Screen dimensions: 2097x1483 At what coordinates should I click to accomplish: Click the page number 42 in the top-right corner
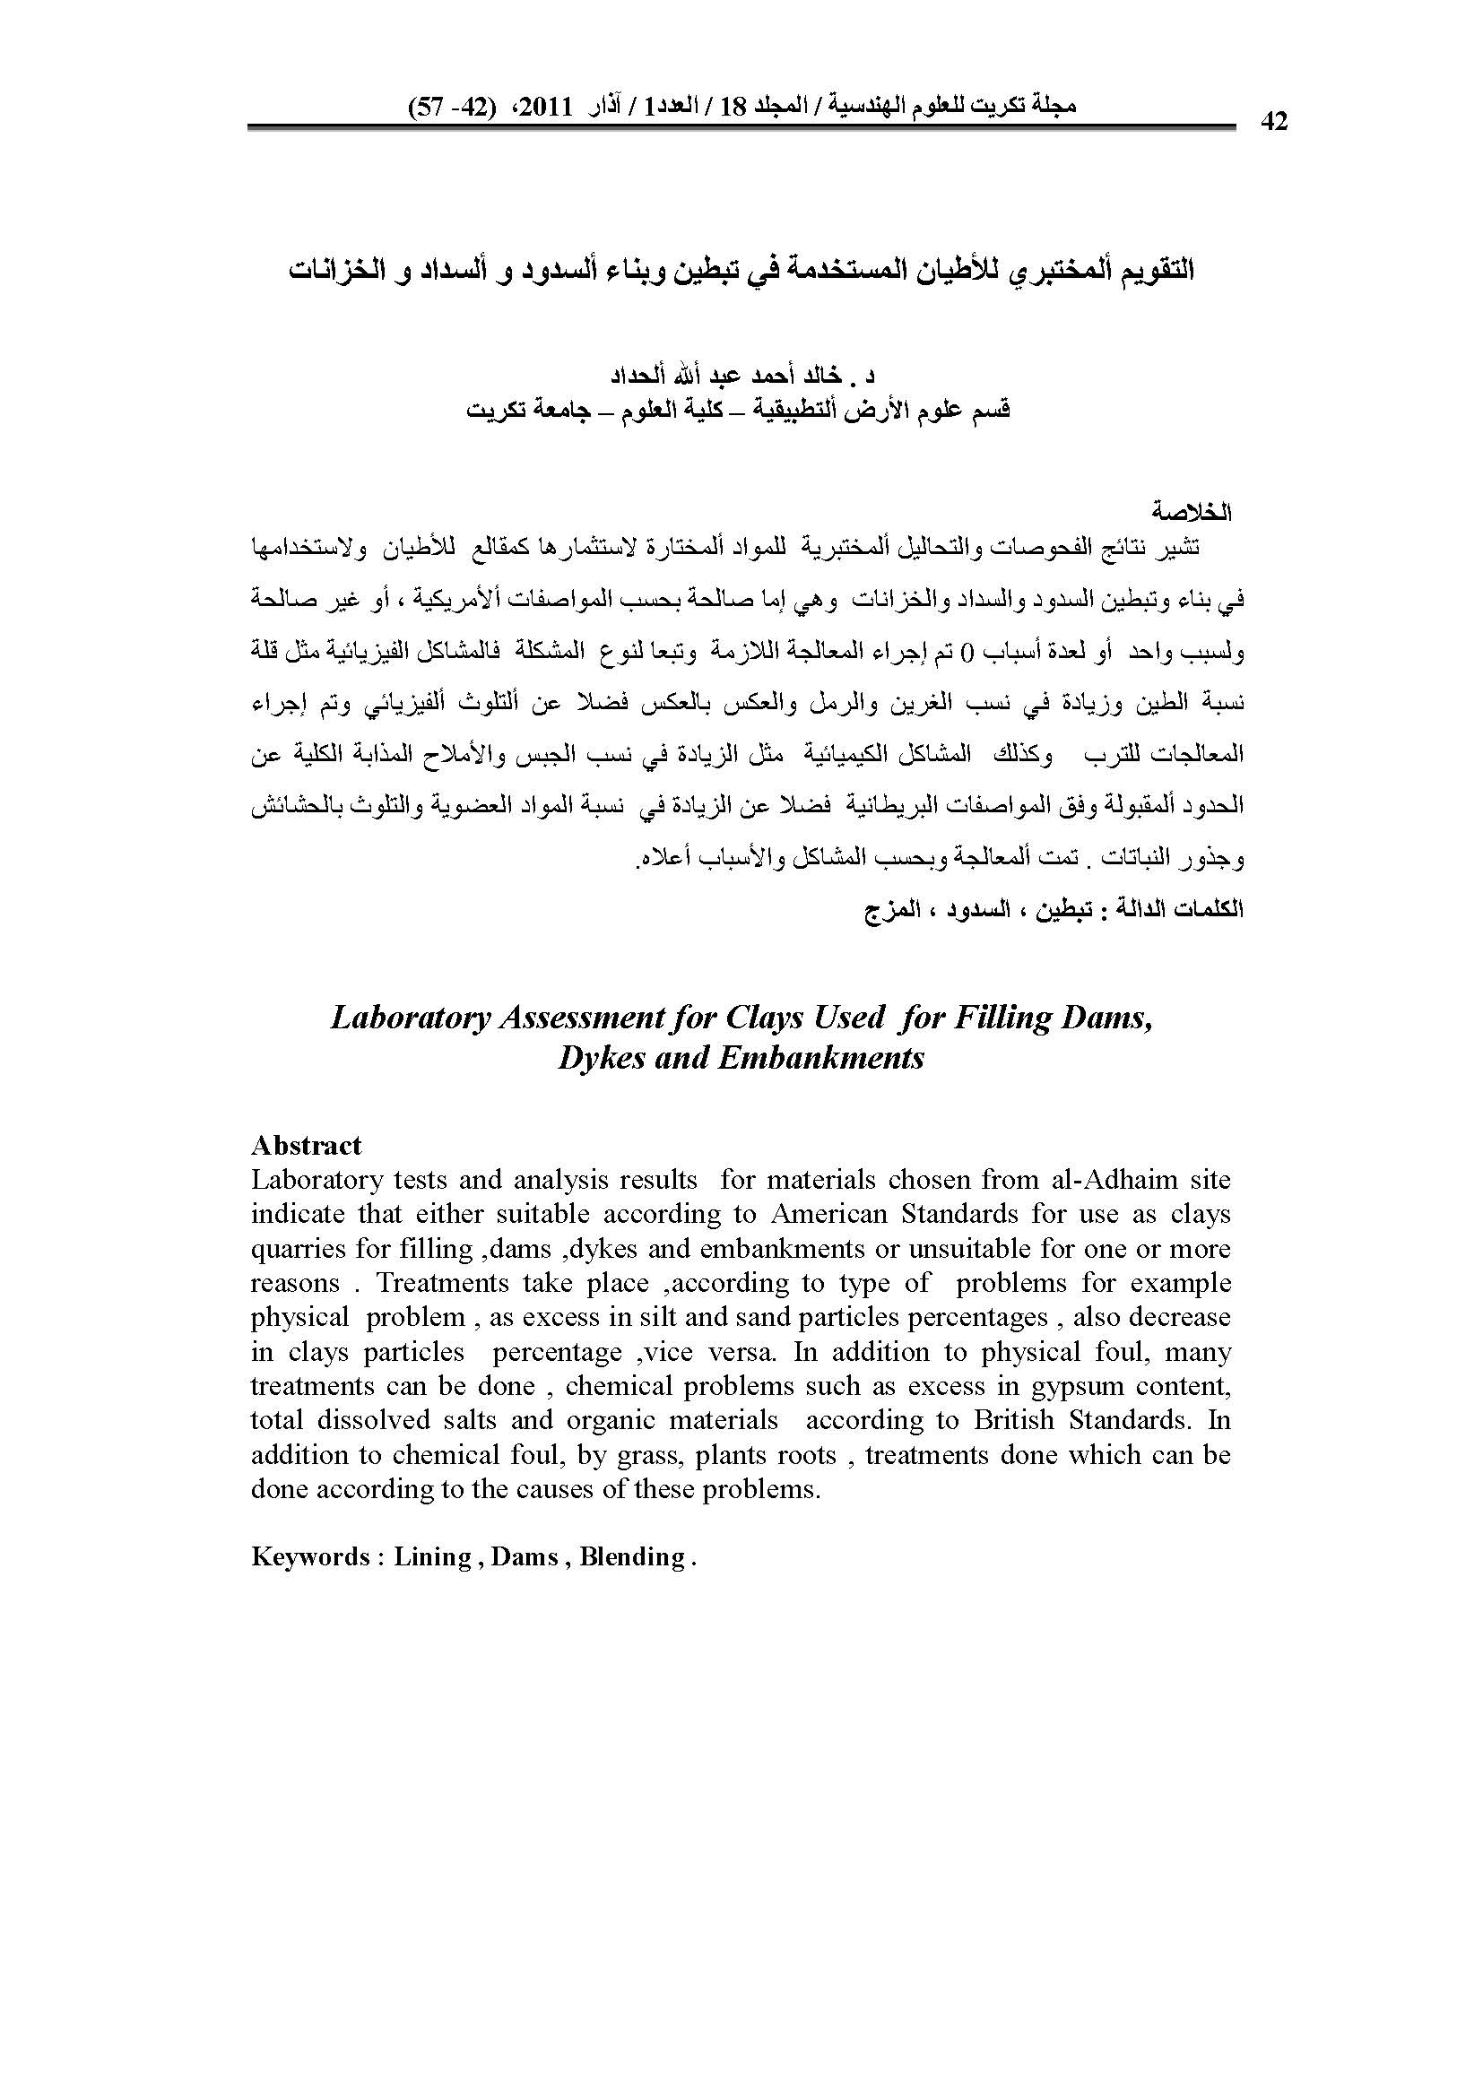pos(1273,121)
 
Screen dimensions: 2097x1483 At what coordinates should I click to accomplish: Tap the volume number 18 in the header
pos(734,106)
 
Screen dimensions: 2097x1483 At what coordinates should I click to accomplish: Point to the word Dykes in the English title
pos(602,1058)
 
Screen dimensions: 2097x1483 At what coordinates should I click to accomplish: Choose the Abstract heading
pos(306,1145)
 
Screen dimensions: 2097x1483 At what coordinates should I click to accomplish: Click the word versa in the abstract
pos(744,1352)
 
